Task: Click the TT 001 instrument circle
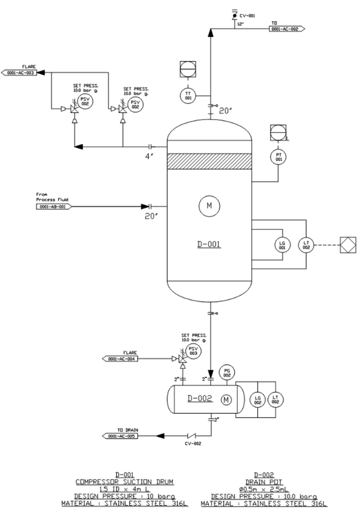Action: click(x=188, y=95)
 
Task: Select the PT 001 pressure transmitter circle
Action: click(x=278, y=157)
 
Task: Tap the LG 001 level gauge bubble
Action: click(x=282, y=244)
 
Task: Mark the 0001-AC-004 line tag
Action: click(x=121, y=359)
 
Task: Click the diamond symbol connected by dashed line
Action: click(x=348, y=244)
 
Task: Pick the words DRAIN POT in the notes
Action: click(x=263, y=481)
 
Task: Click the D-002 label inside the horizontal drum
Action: click(x=201, y=398)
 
